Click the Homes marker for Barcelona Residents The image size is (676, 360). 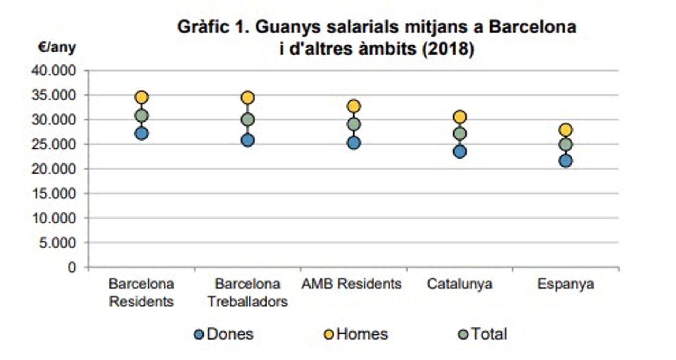click(142, 97)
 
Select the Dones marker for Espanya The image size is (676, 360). click(566, 161)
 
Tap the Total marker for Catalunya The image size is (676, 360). click(460, 134)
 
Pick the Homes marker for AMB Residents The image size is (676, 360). click(354, 106)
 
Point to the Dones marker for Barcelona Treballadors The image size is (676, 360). click(248, 140)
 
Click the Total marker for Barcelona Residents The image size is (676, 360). click(142, 116)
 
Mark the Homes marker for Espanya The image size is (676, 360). click(566, 130)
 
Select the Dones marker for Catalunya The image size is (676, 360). click(460, 152)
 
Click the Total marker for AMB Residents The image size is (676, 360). click(354, 124)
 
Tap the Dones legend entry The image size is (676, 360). click(224, 334)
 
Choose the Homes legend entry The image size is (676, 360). click(356, 334)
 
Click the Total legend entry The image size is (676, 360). click(483, 334)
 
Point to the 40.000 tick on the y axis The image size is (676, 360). click(54, 71)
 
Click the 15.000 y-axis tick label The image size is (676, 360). click(54, 193)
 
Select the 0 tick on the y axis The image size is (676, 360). click(72, 267)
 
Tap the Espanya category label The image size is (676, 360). click(565, 284)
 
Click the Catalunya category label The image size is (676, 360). click(459, 284)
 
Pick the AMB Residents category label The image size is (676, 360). click(351, 284)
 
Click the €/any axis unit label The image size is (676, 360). click(57, 47)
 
